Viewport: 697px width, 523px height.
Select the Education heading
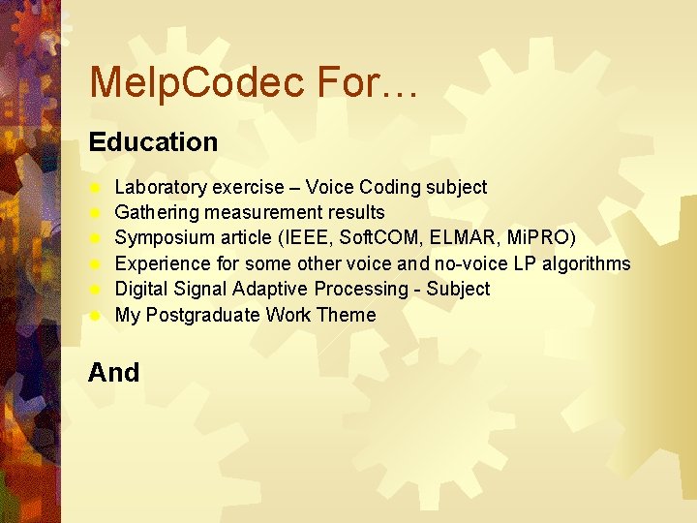153,142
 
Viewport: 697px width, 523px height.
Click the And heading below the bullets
113,373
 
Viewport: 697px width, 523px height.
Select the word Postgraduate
203,315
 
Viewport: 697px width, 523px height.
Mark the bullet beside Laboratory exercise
96,187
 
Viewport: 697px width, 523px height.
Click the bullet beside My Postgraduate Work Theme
96,315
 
